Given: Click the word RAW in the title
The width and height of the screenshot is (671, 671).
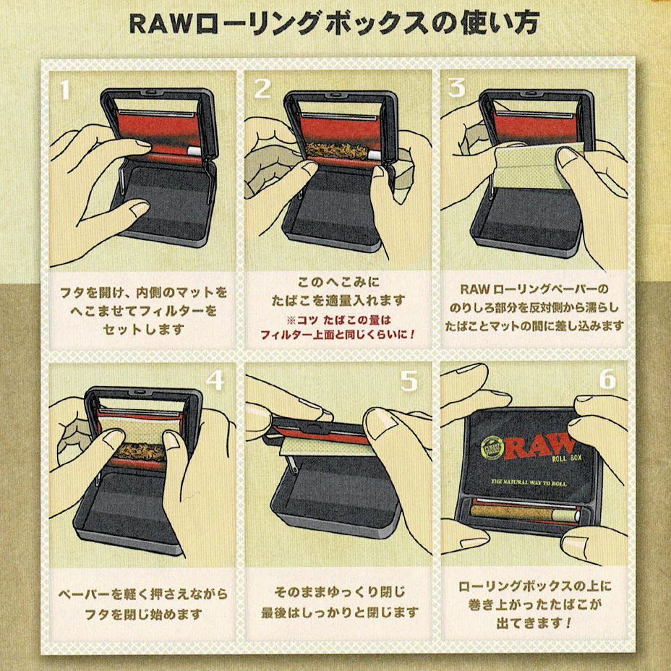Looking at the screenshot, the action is point(160,24).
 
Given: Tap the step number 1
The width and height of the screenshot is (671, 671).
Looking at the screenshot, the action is point(64,90).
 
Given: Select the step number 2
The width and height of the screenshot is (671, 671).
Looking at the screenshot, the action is point(262,88).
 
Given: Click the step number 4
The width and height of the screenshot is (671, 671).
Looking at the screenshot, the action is point(215,380).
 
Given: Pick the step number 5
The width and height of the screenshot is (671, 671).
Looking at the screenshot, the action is point(409,380).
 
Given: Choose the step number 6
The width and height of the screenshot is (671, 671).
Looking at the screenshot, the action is point(607,379).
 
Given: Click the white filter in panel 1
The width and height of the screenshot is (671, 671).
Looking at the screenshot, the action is point(194,150).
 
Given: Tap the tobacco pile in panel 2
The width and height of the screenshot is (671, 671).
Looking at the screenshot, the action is point(337,150).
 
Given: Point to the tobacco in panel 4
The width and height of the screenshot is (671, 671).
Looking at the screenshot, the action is point(142,451).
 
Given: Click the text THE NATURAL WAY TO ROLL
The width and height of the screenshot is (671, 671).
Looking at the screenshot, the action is point(529,482).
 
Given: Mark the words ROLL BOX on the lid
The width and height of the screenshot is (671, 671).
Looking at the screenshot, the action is point(567,458).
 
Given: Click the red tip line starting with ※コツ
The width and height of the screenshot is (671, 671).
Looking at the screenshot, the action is point(339,320).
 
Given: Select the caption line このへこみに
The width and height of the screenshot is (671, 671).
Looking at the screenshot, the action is point(338,283).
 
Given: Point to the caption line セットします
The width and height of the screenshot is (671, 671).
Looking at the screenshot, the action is point(143,330).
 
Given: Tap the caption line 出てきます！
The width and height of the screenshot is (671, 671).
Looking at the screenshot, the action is point(534,623).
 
